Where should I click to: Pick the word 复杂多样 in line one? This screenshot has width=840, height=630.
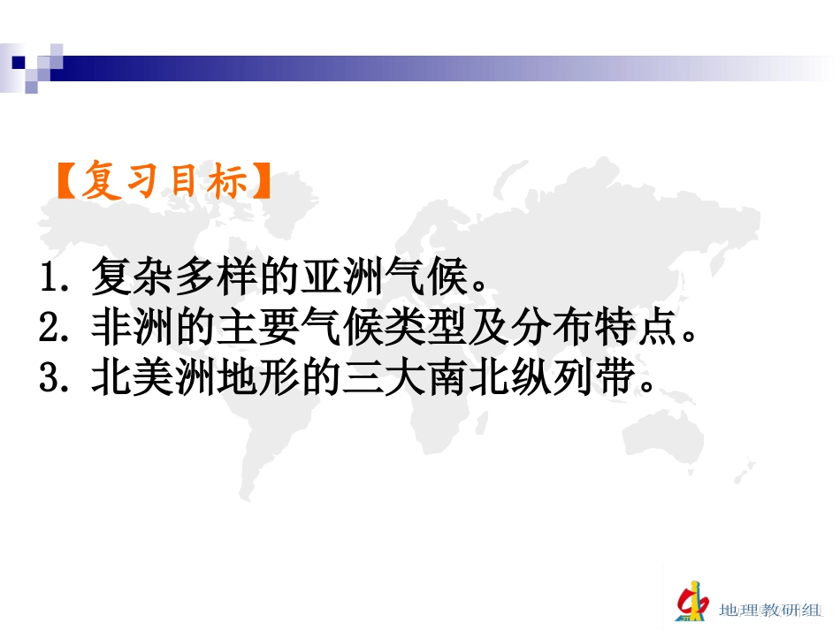pos(164,281)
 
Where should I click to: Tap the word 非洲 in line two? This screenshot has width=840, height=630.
pos(127,329)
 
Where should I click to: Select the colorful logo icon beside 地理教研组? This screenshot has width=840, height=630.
pos(691,601)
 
